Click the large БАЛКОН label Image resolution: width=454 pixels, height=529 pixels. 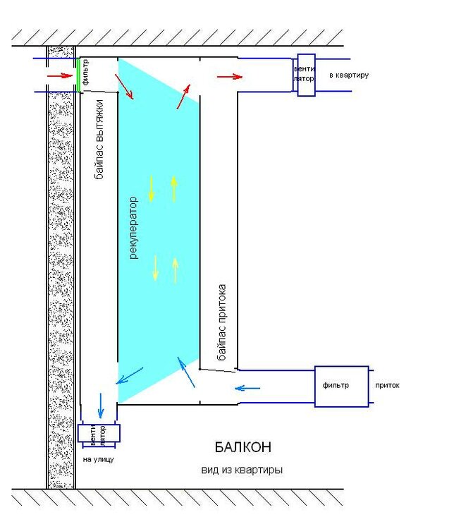[243, 447]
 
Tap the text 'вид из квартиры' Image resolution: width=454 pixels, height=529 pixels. [242, 470]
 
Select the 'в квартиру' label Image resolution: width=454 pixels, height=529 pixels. [349, 75]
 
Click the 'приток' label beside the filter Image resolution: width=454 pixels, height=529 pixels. [387, 385]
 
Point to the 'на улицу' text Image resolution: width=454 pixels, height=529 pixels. [98, 459]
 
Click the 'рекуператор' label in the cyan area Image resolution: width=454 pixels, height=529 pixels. [133, 228]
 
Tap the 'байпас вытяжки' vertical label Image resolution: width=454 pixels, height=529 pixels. [99, 139]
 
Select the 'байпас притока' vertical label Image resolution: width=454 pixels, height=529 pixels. [221, 322]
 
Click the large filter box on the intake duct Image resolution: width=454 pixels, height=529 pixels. [341, 387]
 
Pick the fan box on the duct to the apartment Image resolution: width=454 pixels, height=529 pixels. [306, 75]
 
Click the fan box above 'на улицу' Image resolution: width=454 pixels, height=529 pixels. [99, 433]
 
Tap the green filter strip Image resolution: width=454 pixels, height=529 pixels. [78, 75]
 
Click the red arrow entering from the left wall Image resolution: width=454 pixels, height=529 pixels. [60, 76]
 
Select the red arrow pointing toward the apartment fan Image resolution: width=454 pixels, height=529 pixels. [229, 77]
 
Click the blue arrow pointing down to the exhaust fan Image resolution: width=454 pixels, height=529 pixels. [101, 405]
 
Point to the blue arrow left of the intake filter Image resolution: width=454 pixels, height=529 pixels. [247, 389]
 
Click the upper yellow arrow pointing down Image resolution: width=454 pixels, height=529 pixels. [151, 188]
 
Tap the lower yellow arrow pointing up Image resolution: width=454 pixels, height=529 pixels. [175, 270]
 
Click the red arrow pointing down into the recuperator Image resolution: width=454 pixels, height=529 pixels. [124, 87]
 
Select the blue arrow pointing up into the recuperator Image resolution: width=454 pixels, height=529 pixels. [186, 372]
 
